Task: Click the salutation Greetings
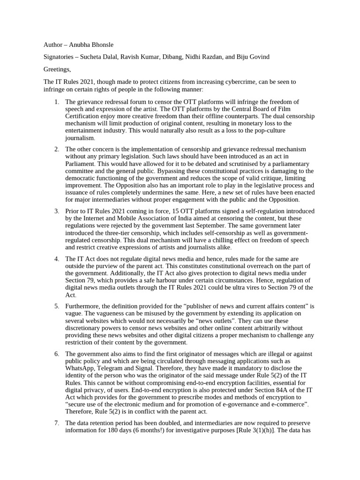(x=57, y=69)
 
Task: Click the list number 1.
(x=56, y=102)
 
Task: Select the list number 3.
(x=56, y=211)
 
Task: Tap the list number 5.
(x=56, y=306)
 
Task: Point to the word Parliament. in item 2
(x=81, y=164)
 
